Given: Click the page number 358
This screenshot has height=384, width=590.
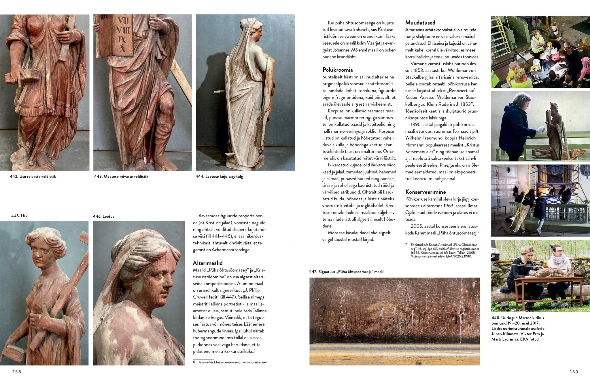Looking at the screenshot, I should click(x=16, y=372).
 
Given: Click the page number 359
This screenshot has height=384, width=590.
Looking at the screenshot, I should click(x=573, y=372).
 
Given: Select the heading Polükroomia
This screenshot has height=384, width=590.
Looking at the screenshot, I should click(x=338, y=70).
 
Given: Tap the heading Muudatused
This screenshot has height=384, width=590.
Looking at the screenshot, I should click(x=420, y=22).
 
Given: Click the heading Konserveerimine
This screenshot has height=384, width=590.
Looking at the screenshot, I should click(x=426, y=192).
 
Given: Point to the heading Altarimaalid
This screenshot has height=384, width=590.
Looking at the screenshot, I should click(x=208, y=263).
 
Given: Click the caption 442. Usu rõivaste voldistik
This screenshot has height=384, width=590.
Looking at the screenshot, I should click(x=33, y=176).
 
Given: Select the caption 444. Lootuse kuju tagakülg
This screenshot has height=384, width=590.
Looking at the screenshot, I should click(x=219, y=176).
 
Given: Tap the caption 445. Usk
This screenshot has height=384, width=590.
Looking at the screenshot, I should click(x=19, y=216).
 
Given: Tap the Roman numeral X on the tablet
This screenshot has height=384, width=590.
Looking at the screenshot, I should click(x=123, y=49).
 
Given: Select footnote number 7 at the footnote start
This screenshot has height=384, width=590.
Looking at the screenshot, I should click(x=406, y=244).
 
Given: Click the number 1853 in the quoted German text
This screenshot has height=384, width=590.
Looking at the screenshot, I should click(x=465, y=104).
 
